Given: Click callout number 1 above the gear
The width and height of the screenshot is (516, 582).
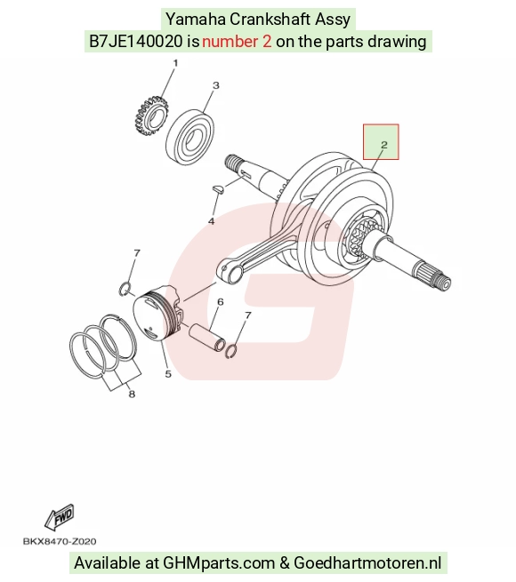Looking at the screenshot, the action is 175,63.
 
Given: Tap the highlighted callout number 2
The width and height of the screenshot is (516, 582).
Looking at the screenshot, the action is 384,144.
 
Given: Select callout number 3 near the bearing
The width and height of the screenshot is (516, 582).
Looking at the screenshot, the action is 216,85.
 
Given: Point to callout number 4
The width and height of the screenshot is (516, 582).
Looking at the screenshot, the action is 211,221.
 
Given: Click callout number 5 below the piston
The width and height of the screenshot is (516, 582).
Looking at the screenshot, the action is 168,374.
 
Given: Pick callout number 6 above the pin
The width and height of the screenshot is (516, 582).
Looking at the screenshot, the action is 221,302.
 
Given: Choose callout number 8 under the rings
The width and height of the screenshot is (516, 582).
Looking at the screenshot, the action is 132,394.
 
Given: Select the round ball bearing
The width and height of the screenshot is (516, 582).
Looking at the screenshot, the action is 190,136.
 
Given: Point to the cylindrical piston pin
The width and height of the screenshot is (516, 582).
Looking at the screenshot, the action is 207,337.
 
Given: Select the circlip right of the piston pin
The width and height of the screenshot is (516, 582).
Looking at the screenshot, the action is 231,352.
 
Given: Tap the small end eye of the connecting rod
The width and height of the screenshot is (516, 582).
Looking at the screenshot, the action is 230,274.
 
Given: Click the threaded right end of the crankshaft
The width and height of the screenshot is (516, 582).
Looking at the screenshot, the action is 444,283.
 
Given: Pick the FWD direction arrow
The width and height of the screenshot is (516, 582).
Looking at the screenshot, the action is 60,517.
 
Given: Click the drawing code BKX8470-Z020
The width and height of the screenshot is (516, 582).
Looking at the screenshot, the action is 60,541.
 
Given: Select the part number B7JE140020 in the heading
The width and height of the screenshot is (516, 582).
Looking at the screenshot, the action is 136,41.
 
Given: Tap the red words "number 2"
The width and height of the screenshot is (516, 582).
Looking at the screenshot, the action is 237,41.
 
